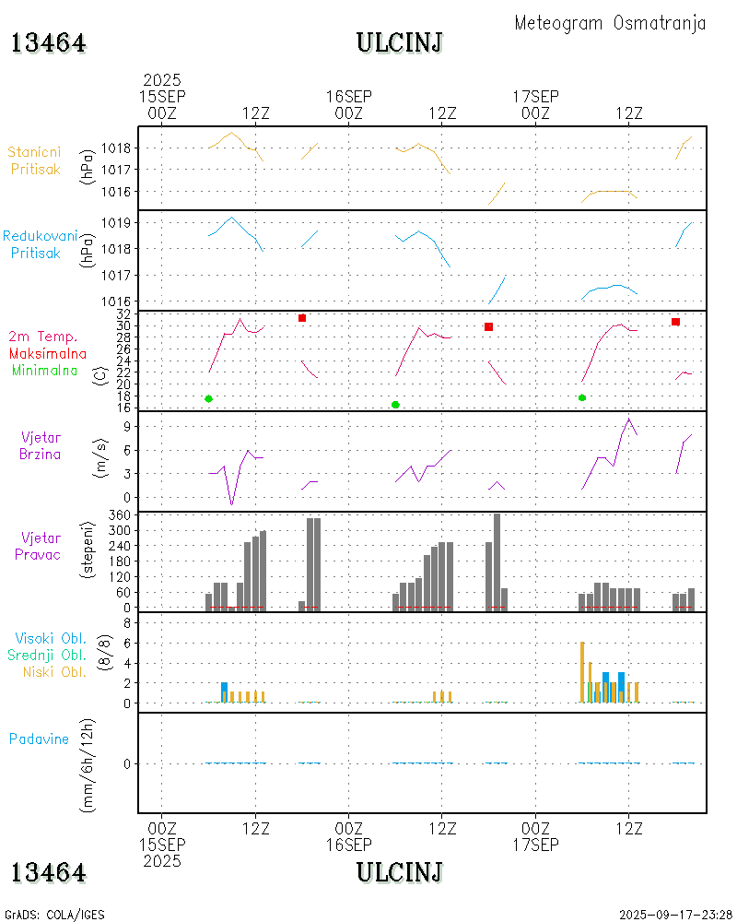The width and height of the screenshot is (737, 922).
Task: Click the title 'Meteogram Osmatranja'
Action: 610,23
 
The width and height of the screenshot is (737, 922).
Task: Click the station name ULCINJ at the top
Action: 400,42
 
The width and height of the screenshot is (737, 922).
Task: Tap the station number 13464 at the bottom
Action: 49,872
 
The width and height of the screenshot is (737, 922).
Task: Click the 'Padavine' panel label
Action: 39,739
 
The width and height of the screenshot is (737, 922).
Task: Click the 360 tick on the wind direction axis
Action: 121,514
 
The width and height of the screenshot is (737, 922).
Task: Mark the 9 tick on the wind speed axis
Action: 130,425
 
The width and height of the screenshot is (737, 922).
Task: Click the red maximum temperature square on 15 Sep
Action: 301,318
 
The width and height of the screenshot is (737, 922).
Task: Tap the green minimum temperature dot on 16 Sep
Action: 395,405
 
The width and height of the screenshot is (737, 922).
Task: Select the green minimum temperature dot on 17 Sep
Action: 582,397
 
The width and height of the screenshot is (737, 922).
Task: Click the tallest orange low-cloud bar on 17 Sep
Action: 582,671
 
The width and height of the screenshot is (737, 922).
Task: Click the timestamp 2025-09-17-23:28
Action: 675,915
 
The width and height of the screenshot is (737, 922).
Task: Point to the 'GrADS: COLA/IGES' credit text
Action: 54,915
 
